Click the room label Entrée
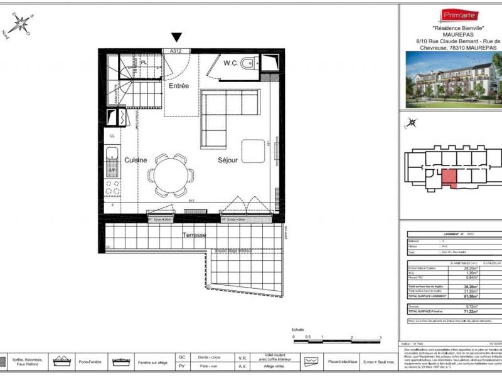click(179, 85)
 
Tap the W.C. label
click(230, 63)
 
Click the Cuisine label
click(135, 160)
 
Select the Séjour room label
click(228, 160)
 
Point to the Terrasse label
click(195, 235)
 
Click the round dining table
click(171, 174)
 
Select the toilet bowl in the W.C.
click(249, 62)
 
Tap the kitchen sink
click(112, 153)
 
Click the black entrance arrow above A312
click(177, 38)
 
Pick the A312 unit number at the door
click(177, 51)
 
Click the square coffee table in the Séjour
click(254, 150)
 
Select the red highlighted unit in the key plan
click(450, 177)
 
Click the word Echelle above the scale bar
click(297, 329)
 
